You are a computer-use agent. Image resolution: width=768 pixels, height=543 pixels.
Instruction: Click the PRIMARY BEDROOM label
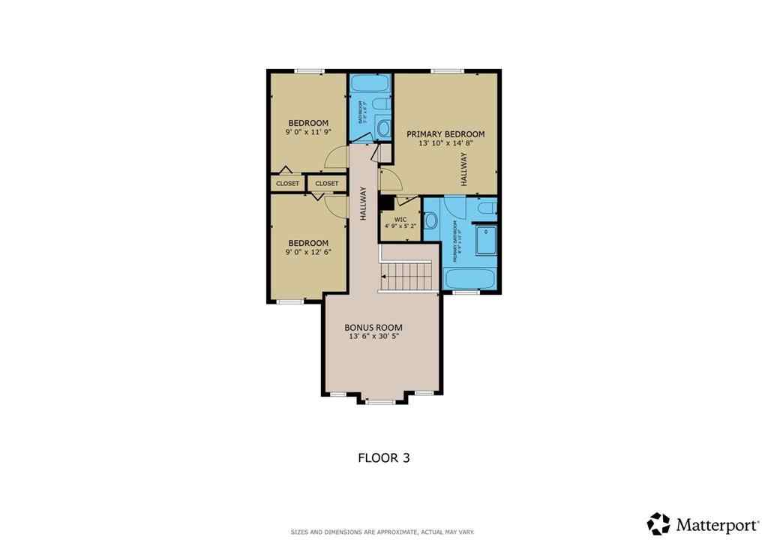click(x=445, y=134)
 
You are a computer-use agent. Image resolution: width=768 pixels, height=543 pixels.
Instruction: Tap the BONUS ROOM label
click(x=373, y=327)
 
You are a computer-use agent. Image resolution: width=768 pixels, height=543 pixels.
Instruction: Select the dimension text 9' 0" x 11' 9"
click(x=308, y=132)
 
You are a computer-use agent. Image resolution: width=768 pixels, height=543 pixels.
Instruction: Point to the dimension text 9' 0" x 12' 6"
click(x=308, y=252)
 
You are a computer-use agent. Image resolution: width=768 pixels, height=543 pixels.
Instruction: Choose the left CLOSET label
click(x=287, y=183)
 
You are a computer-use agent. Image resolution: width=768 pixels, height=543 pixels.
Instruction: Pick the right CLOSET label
click(x=326, y=183)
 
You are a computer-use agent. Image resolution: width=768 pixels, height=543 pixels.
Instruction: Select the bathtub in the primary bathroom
click(x=469, y=278)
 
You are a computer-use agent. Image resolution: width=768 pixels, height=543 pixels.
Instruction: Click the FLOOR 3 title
click(x=383, y=457)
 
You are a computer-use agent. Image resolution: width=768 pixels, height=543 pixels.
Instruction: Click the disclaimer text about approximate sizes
click(x=382, y=532)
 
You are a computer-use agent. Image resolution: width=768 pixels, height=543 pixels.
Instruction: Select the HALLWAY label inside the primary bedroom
click(x=464, y=169)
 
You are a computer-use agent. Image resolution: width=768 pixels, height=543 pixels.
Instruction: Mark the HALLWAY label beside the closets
click(x=363, y=203)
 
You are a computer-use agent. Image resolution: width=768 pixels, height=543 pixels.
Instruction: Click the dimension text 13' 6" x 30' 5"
click(x=373, y=337)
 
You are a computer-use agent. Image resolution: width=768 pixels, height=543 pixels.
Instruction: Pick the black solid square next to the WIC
click(x=387, y=203)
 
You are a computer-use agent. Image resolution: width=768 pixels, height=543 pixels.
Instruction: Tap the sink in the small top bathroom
click(x=383, y=127)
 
